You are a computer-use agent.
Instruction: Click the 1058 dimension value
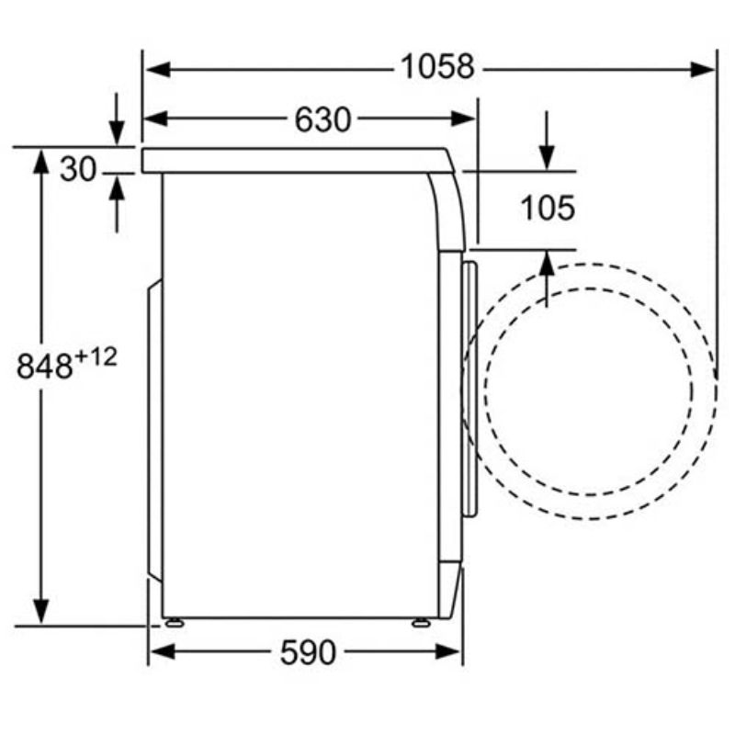tap(437, 67)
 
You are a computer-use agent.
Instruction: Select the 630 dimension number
tap(322, 119)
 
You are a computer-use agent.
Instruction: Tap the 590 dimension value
tap(308, 652)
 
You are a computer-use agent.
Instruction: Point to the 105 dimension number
tap(548, 208)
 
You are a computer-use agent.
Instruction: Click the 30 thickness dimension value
tap(78, 169)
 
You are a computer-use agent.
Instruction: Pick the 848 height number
tap(44, 366)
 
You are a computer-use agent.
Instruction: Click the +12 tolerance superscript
tap(96, 357)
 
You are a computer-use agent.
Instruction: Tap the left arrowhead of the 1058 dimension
tap(157, 70)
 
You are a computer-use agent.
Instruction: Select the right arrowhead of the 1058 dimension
tap(703, 70)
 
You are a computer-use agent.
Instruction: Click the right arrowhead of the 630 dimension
tap(463, 119)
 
